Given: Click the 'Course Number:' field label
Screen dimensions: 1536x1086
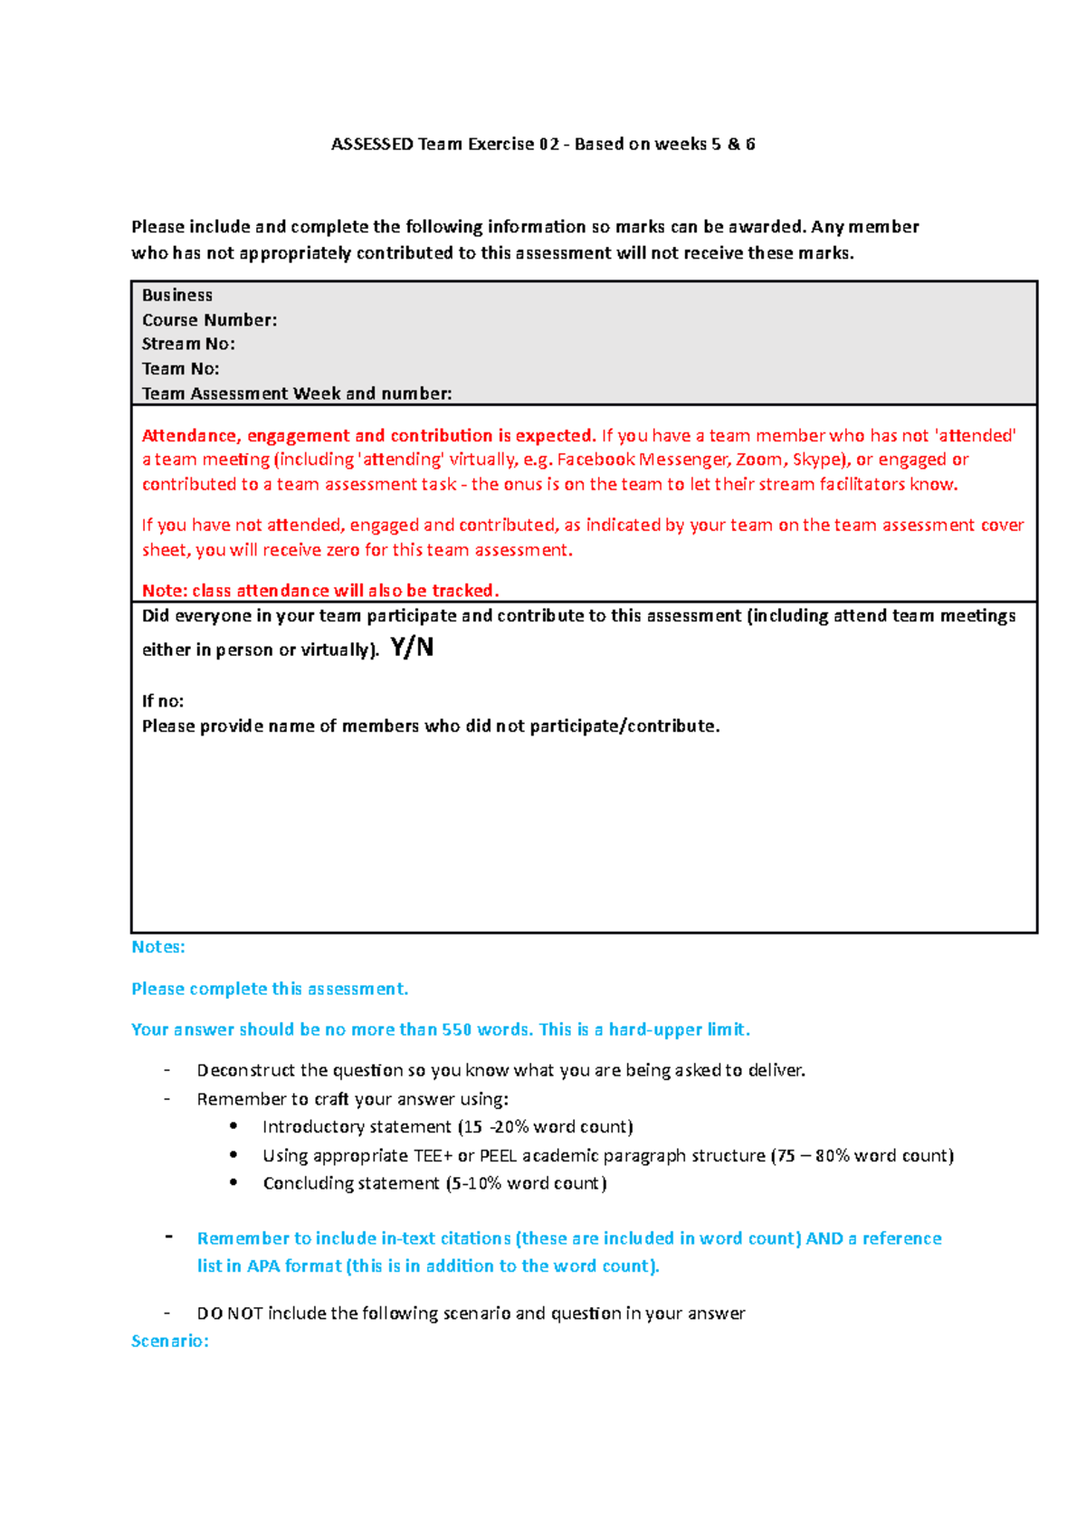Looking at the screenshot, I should tap(209, 320).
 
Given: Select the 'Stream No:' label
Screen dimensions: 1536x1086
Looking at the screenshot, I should tap(188, 344).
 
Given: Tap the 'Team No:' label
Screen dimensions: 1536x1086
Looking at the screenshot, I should tap(180, 369).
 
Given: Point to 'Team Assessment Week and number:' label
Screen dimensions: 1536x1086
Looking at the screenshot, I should tap(297, 393).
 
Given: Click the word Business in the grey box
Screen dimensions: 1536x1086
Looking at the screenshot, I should tap(177, 295).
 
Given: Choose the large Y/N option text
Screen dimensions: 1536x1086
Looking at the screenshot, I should tap(412, 648).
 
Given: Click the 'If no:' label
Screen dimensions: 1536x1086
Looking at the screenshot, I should tap(163, 701).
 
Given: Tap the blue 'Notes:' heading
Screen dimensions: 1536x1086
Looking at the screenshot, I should tap(158, 947).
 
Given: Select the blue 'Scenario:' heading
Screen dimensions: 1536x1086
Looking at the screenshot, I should tap(170, 1341).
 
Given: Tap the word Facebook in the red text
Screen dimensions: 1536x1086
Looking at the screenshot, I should tap(595, 460).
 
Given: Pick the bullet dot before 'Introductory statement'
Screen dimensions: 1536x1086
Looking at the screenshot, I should tap(234, 1126).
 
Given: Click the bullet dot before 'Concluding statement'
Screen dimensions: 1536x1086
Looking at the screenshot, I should tap(234, 1182).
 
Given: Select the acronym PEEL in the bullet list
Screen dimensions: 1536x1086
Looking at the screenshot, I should tap(498, 1155).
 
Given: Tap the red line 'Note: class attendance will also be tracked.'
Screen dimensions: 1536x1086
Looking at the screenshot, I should tap(320, 591).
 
